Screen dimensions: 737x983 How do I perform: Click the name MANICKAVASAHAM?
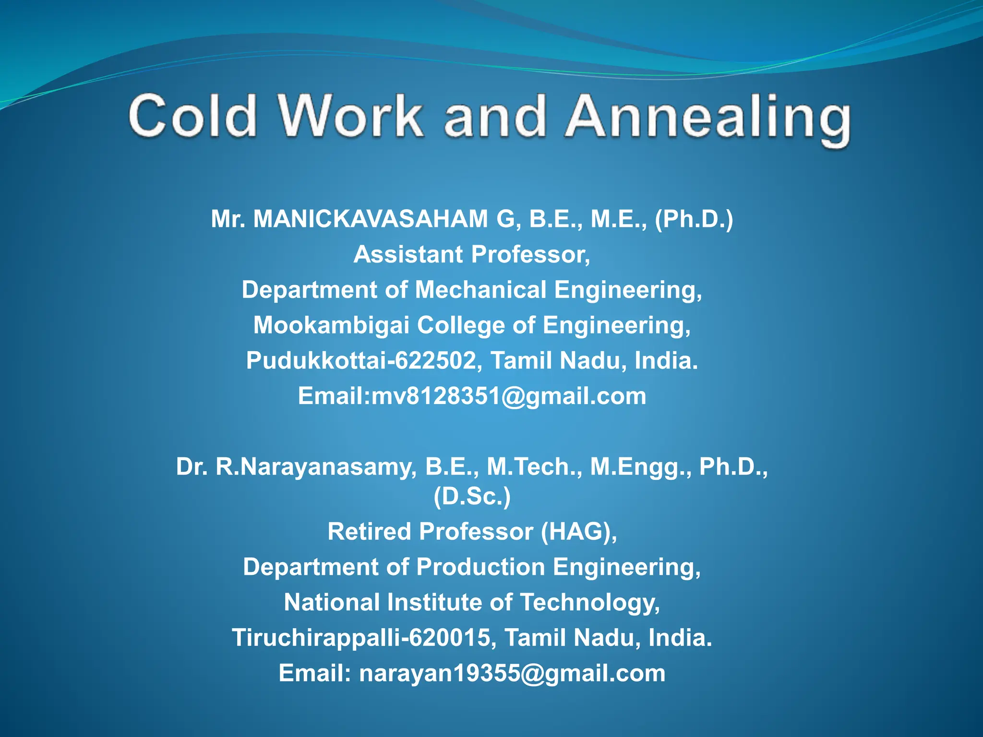pyautogui.click(x=371, y=219)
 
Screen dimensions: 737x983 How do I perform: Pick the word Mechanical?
pyautogui.click(x=480, y=290)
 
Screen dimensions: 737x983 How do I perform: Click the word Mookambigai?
pyautogui.click(x=331, y=325)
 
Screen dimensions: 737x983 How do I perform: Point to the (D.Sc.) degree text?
pyautogui.click(x=472, y=496)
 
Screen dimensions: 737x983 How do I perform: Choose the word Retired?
pyautogui.click(x=369, y=532)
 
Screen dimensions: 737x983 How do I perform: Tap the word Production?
pyautogui.click(x=480, y=567)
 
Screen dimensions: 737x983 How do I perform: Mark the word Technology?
pyautogui.click(x=590, y=603)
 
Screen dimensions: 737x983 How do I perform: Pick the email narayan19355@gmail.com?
pyautogui.click(x=512, y=673)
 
